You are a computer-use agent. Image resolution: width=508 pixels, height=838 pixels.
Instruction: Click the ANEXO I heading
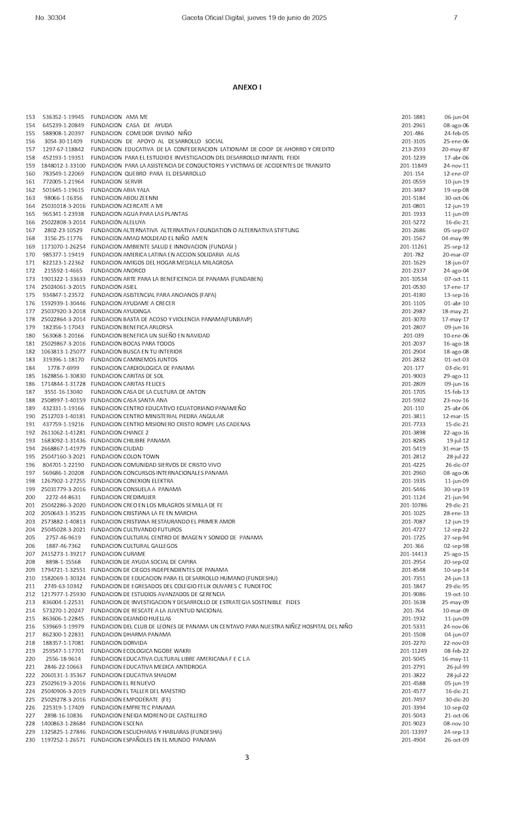pos(247,87)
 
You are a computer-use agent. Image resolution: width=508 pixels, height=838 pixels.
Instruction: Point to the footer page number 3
pos(247,757)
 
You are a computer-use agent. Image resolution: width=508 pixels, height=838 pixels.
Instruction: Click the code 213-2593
pos(414,149)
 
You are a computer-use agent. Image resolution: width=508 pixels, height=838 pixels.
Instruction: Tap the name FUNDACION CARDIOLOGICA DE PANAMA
pos(143,368)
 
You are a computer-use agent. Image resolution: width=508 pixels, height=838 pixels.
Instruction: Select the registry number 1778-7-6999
pos(63,368)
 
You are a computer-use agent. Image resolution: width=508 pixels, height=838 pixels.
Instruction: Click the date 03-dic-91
pos(457,368)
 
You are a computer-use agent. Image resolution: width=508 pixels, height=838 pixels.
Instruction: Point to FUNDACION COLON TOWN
pos(125,456)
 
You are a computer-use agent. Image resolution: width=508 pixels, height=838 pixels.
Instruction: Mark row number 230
pos(30,740)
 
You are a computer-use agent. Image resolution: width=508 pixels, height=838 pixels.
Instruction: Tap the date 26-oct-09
pos(457,740)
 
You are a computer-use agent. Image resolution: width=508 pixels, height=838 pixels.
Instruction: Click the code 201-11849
pos(414,166)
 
